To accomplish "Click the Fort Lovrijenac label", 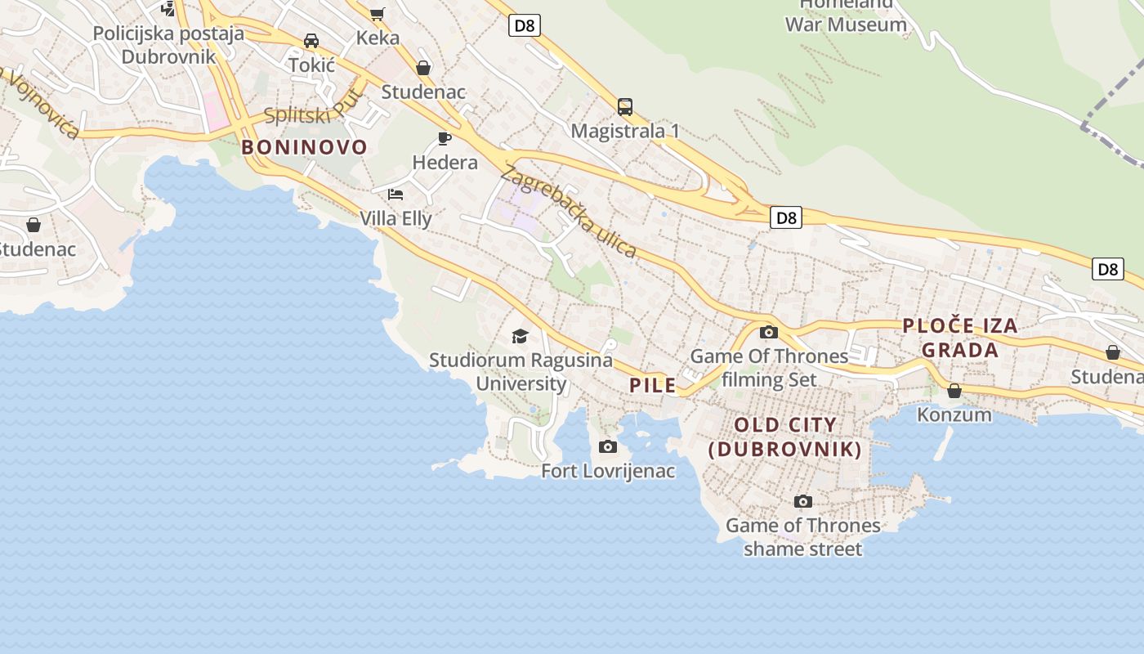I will [608, 471].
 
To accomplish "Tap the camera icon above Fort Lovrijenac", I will [608, 446].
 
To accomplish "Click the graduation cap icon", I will [520, 336].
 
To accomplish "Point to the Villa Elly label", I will [395, 218].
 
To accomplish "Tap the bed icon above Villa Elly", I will [395, 195].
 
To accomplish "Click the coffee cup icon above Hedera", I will [445, 138].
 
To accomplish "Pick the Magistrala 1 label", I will [625, 131].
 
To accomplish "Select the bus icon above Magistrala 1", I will [625, 106].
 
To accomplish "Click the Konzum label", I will [954, 414].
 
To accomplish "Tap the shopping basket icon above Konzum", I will [954, 391].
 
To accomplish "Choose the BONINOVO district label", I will [305, 147].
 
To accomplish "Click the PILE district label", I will [653, 385].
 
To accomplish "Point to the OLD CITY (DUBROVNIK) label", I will [785, 437].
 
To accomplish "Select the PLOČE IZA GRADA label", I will [960, 338].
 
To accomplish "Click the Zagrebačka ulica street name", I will [569, 212].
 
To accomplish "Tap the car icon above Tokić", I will [311, 40].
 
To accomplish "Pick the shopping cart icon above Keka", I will [377, 13].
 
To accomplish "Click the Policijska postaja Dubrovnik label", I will [168, 45].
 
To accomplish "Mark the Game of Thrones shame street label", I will [802, 536].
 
